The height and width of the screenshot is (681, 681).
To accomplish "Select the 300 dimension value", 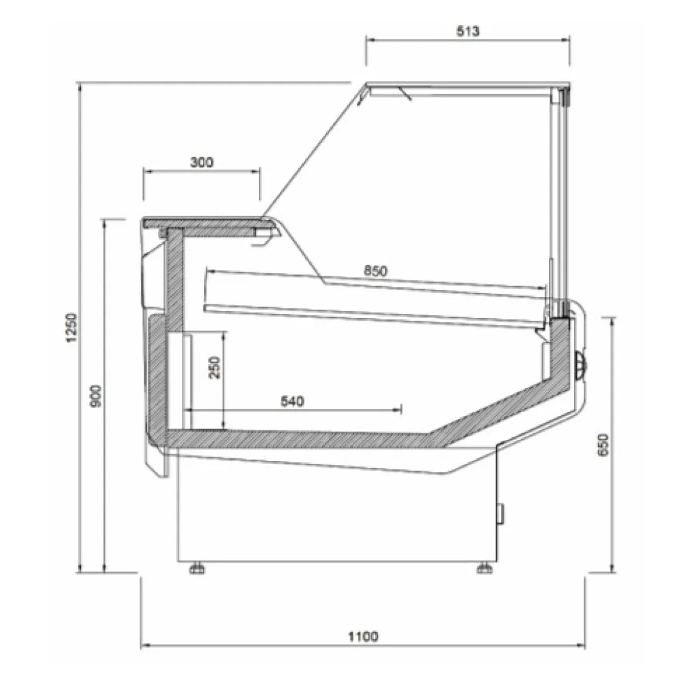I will pyautogui.click(x=202, y=162).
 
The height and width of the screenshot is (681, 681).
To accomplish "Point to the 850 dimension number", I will pyautogui.click(x=375, y=271).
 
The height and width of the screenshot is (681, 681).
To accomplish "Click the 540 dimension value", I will pyautogui.click(x=291, y=401).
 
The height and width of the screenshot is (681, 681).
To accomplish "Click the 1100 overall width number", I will pyautogui.click(x=362, y=637).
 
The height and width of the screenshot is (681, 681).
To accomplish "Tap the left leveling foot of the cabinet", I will pyautogui.click(x=196, y=567).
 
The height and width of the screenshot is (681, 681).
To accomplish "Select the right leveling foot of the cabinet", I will pyautogui.click(x=484, y=567).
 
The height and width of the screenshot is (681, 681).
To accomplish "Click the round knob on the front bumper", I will pyautogui.click(x=581, y=364).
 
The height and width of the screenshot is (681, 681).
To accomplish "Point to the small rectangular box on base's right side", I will pyautogui.click(x=502, y=513).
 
